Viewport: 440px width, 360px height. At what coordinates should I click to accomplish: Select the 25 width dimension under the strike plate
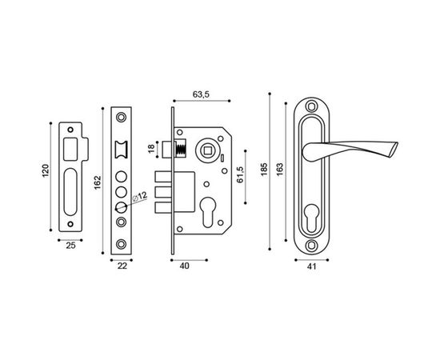click(71, 246)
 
